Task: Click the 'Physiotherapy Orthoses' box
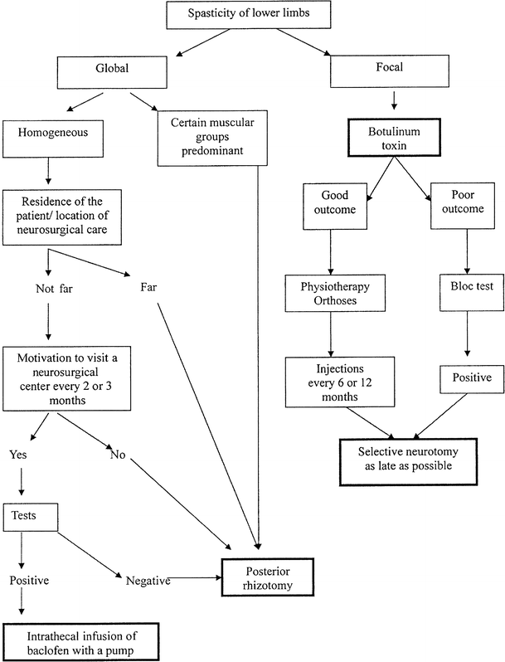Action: pyautogui.click(x=332, y=292)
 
